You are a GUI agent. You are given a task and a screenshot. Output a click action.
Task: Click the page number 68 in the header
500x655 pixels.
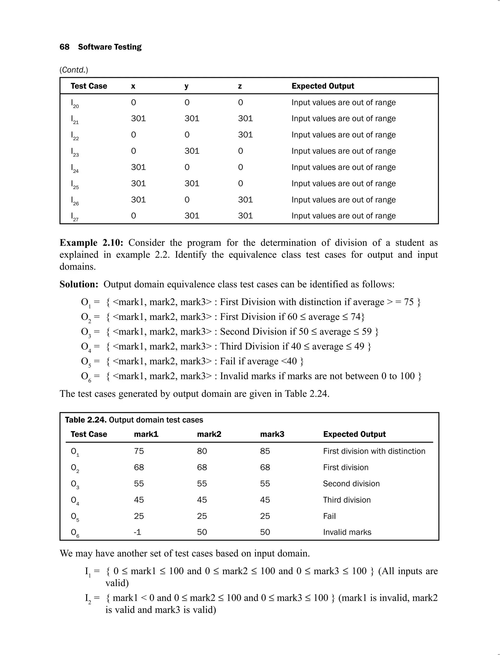64,47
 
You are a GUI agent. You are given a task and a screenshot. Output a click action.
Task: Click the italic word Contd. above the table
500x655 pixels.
74,70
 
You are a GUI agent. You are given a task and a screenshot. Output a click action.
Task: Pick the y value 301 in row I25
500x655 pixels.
192,183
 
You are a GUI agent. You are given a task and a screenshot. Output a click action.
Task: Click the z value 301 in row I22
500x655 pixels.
245,135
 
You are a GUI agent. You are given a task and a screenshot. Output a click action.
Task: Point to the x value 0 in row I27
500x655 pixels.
133,216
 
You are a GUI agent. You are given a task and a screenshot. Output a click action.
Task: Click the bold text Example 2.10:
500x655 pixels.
91,243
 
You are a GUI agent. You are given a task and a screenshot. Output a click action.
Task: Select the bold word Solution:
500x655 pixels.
79,284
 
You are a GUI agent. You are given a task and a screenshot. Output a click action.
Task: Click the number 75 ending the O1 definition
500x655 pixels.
408,302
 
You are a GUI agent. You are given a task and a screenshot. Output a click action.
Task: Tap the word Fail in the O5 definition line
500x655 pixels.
227,361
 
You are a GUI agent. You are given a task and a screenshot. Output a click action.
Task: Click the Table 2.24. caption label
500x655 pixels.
85,420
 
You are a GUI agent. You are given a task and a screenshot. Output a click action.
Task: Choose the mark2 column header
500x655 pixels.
209,434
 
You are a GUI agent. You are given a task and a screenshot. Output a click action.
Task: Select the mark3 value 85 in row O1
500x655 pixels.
265,451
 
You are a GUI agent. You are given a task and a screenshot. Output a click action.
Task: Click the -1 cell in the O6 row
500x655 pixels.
137,532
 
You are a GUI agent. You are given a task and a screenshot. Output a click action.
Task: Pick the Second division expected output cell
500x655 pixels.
351,484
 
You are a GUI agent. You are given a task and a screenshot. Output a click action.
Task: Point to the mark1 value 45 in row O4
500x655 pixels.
139,500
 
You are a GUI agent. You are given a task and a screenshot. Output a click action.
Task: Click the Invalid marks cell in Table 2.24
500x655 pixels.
347,532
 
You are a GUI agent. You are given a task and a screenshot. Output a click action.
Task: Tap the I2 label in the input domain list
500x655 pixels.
88,598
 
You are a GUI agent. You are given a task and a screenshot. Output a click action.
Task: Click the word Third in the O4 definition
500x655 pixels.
231,347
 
